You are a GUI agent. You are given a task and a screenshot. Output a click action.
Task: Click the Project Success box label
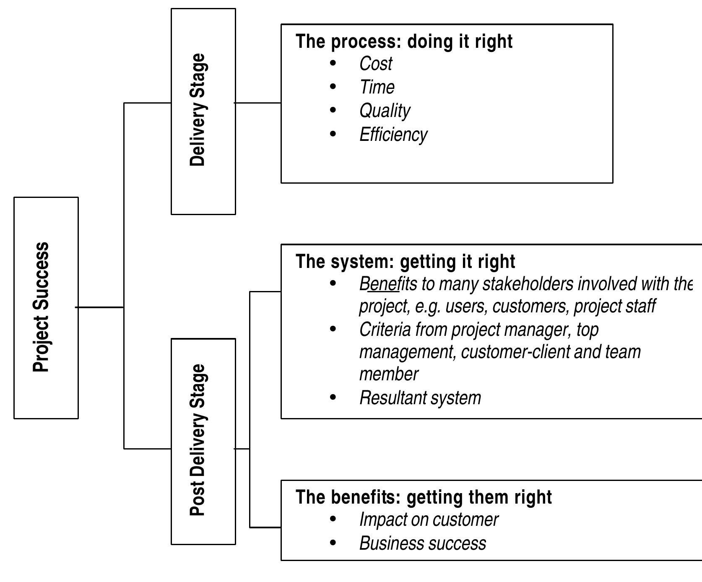coord(41,307)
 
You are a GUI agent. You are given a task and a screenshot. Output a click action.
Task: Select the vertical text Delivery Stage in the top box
coord(198,110)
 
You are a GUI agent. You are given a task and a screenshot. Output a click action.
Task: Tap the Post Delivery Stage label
coord(198,440)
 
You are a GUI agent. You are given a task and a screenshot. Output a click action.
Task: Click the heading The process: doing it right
coord(404,42)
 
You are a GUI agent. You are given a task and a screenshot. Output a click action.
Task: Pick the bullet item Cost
coord(375,64)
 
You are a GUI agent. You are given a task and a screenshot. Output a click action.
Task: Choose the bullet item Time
coord(377,88)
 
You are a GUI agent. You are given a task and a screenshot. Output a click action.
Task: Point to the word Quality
coord(385,111)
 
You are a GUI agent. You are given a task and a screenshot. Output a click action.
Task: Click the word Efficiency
coord(393,135)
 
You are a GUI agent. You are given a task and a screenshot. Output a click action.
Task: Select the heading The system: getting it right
coord(405,262)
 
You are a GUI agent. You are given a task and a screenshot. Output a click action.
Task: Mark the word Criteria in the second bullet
coord(385,330)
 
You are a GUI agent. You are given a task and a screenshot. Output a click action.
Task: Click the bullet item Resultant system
coord(420,398)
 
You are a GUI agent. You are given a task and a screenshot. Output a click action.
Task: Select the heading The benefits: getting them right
coord(424,497)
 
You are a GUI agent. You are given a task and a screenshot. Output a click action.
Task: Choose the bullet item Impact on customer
coord(428,520)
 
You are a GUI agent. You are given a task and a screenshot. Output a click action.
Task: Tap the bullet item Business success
coord(422,543)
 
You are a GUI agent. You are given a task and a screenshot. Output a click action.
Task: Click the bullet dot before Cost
coord(333,63)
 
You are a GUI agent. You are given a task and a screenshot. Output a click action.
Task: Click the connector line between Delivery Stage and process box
coord(258,102)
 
